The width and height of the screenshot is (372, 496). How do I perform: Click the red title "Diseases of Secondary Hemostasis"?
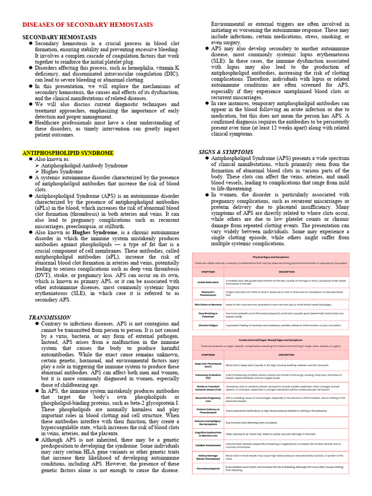pos(88,25)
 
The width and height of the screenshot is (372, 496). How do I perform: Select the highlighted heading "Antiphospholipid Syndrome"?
pos(68,153)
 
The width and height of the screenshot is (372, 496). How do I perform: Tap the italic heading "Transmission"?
pos(49,317)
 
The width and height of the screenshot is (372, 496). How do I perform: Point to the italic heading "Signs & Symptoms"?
pos(226,152)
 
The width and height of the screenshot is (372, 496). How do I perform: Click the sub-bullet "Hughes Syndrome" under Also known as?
pos(62,171)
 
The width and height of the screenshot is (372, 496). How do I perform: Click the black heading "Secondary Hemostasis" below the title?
pos(60,37)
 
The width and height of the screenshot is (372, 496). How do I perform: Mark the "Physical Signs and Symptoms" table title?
pos(271,257)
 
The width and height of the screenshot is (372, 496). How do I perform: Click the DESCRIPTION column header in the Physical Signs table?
pos(286,272)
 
